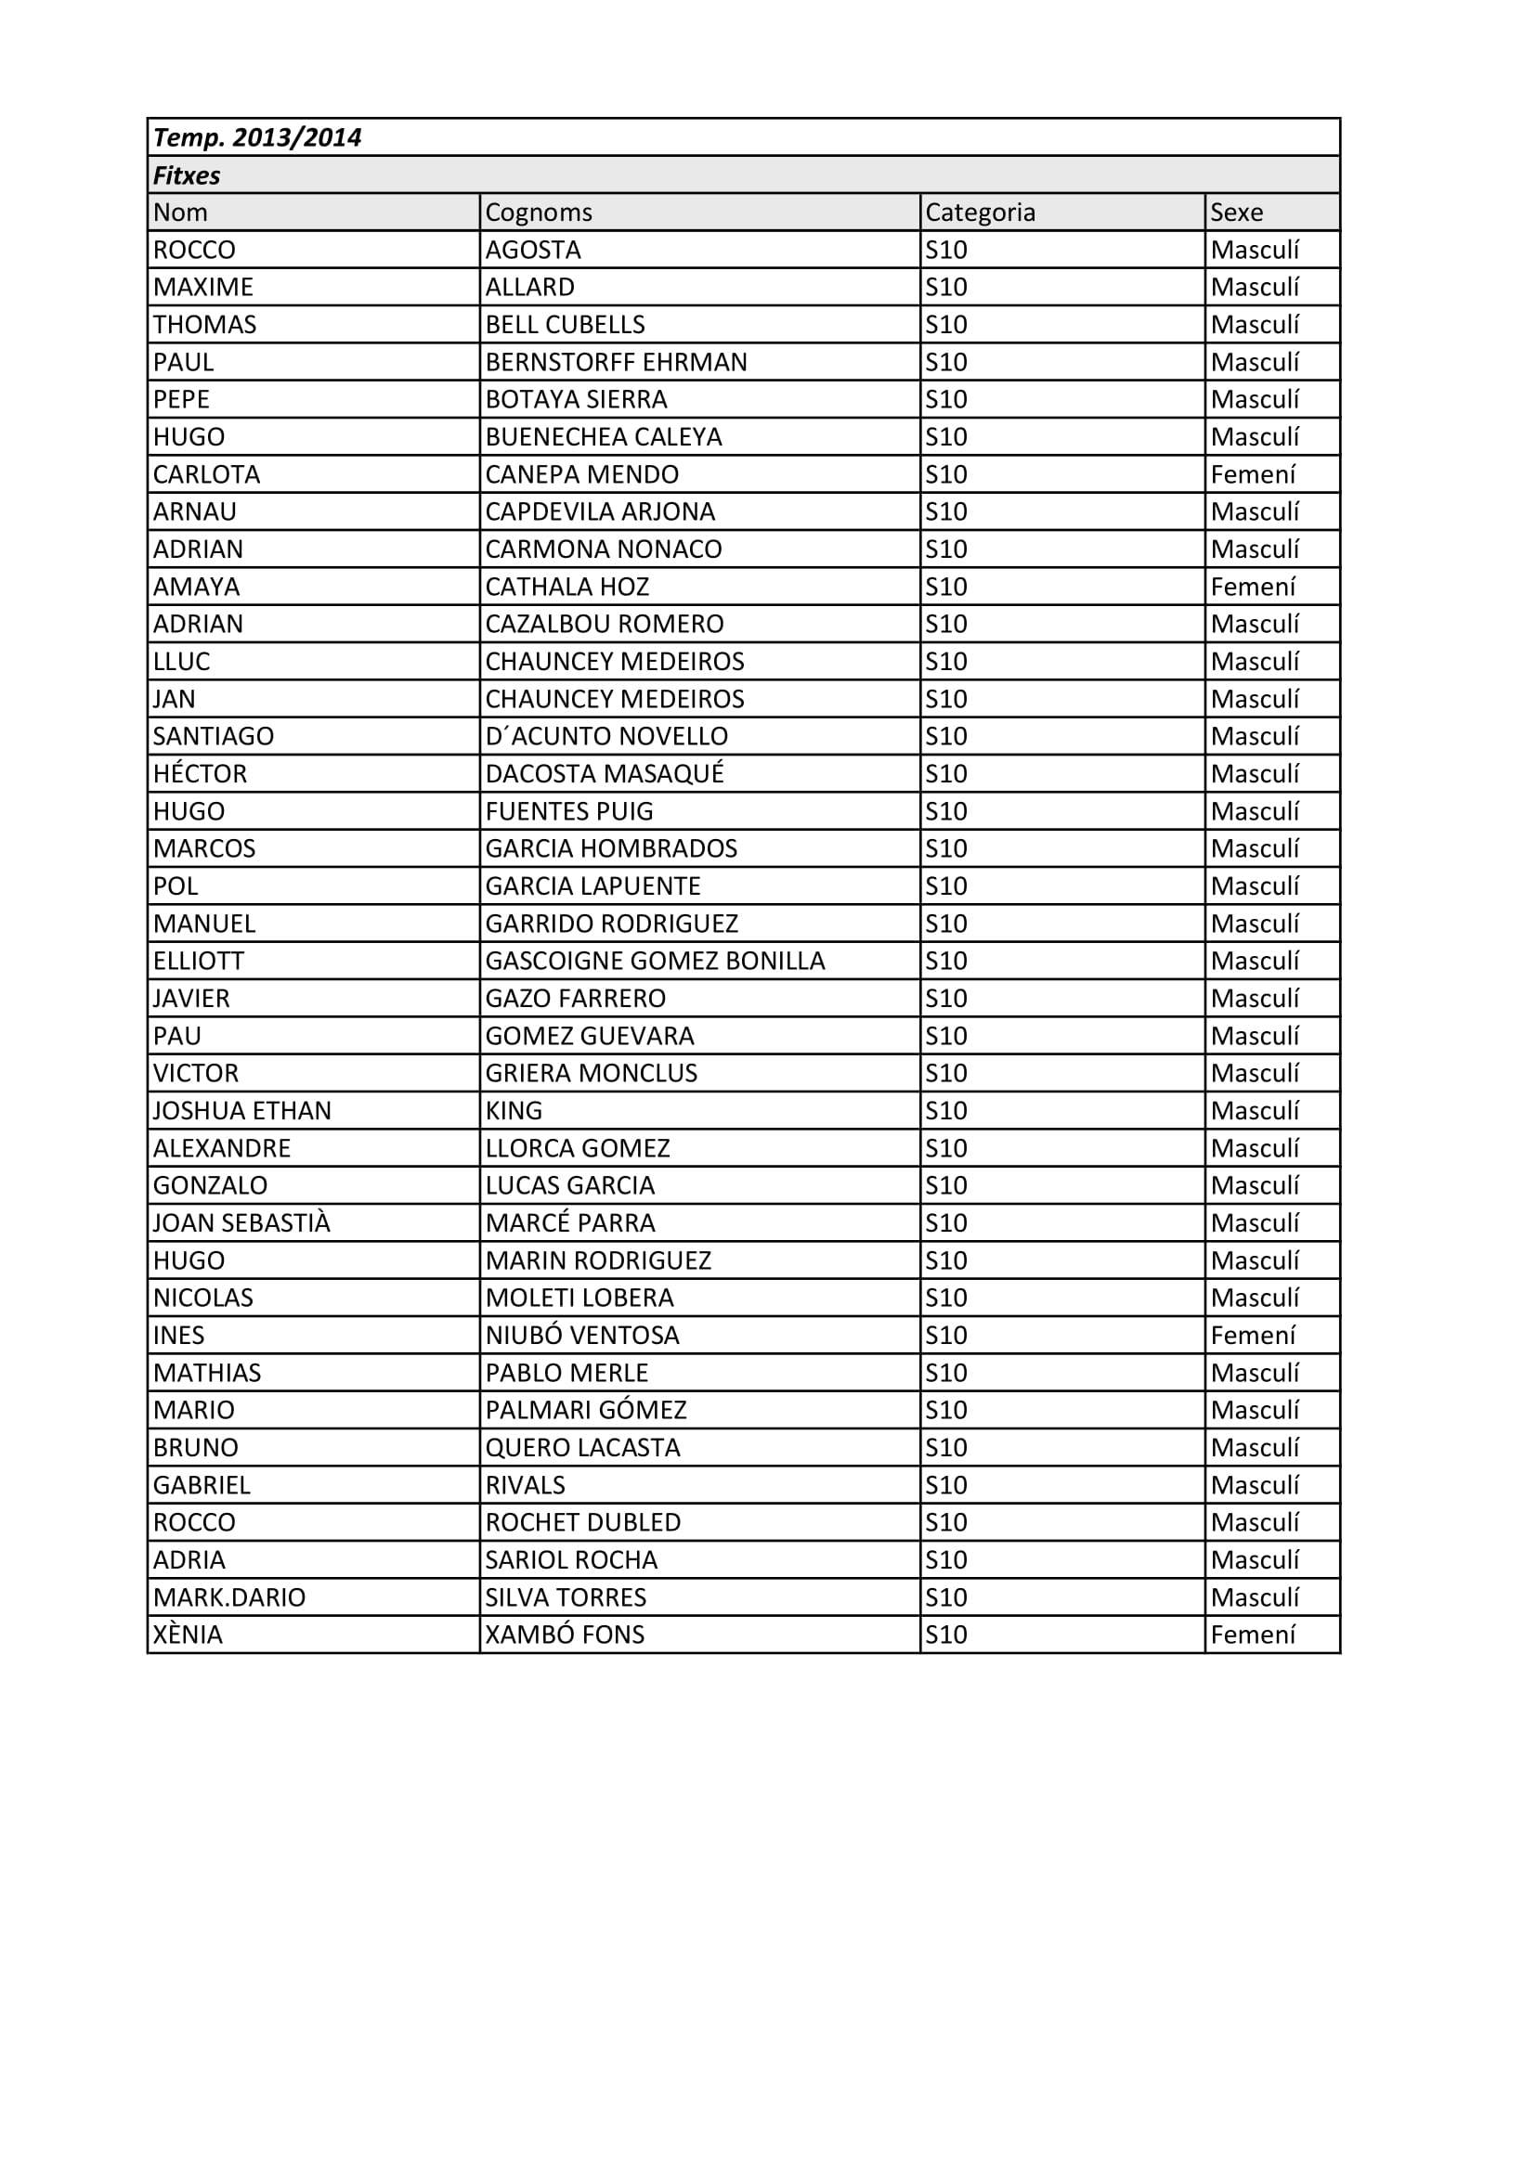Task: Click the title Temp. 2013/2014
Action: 257,138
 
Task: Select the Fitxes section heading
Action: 187,175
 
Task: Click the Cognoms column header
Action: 539,213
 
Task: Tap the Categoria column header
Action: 980,213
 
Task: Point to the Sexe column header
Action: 1236,213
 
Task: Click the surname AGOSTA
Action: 532,251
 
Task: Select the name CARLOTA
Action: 206,474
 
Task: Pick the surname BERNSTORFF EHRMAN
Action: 616,362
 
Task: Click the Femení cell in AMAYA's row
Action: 1252,588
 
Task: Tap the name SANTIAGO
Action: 213,737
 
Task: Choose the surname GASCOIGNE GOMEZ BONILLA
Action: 655,962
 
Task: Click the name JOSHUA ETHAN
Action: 242,1111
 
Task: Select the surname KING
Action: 514,1111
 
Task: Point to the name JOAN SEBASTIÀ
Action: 241,1223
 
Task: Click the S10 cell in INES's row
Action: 945,1336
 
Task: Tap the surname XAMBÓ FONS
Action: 565,1635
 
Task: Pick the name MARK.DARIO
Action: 228,1598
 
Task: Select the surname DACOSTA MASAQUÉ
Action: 605,774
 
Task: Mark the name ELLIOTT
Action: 199,962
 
